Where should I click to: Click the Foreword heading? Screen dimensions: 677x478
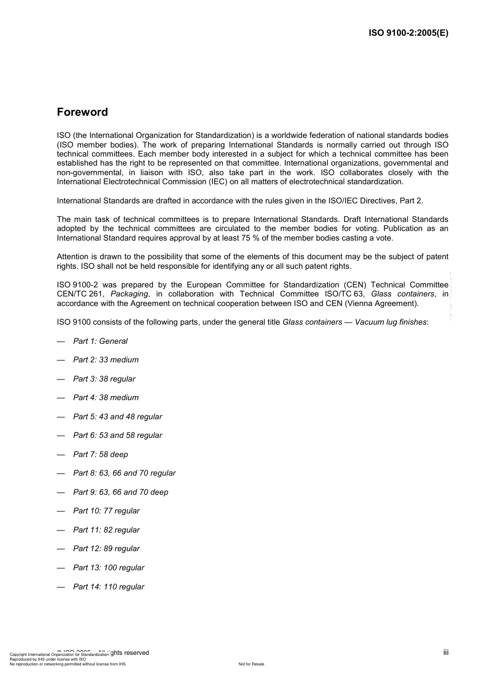82,112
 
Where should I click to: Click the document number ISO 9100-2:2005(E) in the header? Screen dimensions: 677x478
408,33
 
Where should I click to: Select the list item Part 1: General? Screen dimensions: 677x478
100,341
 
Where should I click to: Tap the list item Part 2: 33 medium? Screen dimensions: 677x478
106,360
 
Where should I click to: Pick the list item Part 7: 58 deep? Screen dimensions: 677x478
101,455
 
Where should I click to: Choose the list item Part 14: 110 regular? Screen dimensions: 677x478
109,587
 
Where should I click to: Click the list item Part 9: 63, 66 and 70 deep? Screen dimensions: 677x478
121,492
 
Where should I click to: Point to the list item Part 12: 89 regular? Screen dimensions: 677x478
106,549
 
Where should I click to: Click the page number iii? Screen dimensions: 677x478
446,652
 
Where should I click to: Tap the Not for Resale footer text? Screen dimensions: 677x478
251,664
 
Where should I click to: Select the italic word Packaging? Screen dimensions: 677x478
129,294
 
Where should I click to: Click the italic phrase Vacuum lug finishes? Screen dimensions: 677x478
390,322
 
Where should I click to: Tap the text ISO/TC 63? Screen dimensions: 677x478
346,294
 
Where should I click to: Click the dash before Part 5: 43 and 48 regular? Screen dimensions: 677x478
61,417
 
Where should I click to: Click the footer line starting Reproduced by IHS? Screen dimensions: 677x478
48,659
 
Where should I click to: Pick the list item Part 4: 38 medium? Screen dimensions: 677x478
106,398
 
